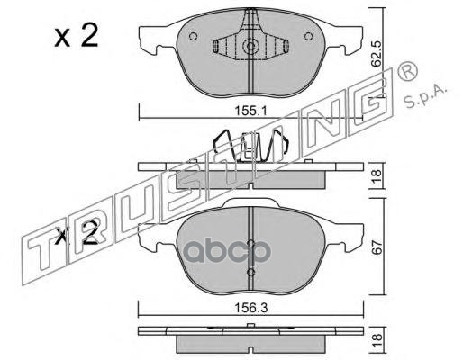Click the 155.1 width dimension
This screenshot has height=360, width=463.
coord(250,112)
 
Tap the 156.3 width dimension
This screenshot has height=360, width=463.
coord(250,308)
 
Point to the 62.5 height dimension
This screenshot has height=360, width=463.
coord(376,54)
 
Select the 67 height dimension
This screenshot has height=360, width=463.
coord(377,247)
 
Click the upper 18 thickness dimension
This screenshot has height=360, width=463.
coord(377,175)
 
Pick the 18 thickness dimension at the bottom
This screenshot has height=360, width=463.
coord(377,341)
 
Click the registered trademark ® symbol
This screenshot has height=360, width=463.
coord(407,71)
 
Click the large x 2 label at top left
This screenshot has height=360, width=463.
coord(77,35)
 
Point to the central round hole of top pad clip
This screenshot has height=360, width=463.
coord(250,46)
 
